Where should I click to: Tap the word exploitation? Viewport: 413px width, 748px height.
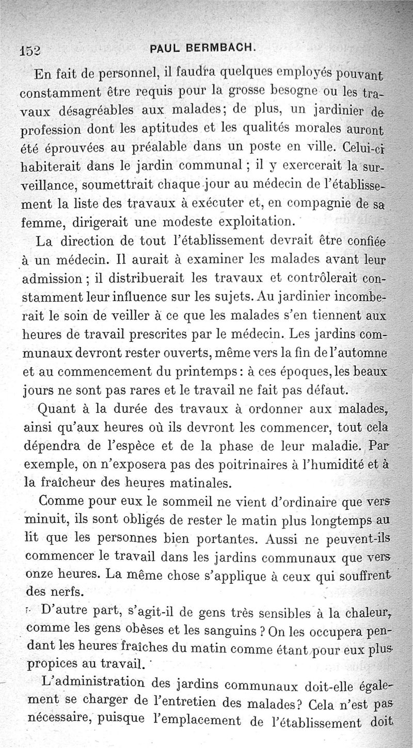pyautogui.click(x=255, y=222)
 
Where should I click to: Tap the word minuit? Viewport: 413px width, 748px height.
pyautogui.click(x=44, y=520)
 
